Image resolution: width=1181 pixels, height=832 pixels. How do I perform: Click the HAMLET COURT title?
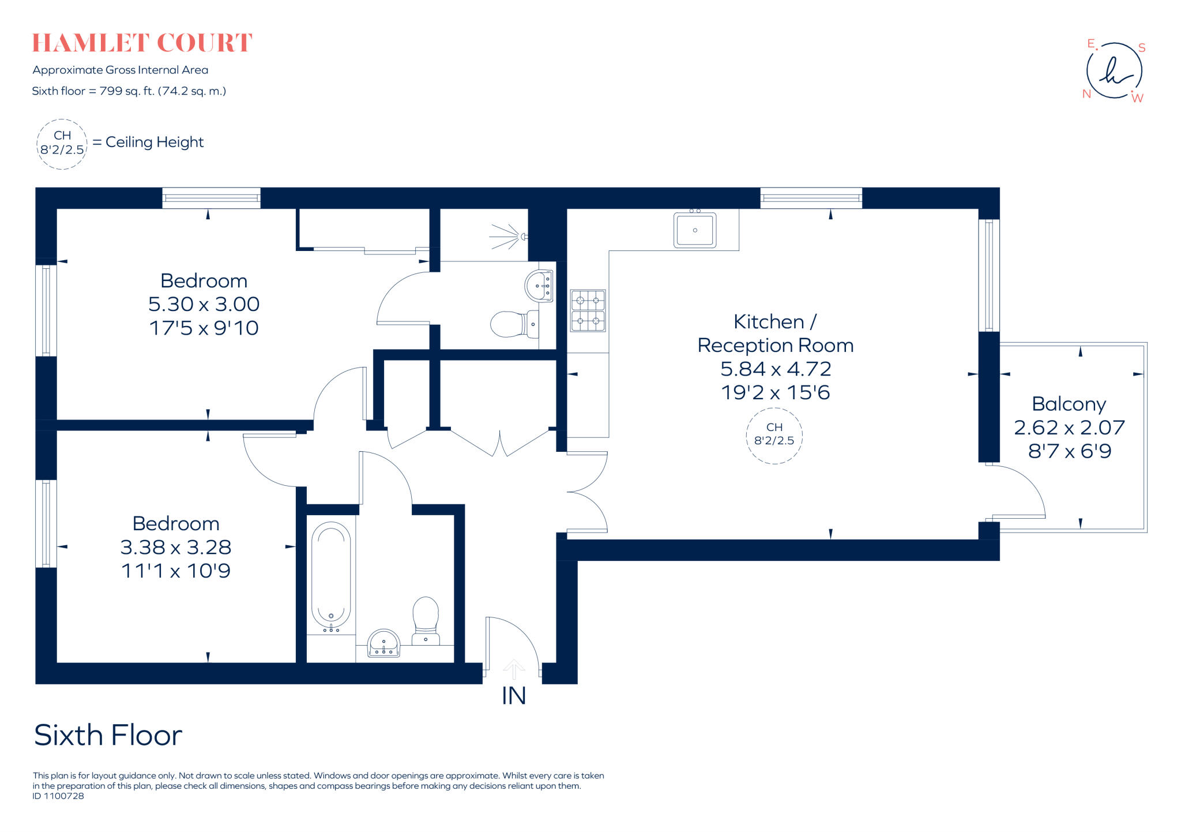click(142, 43)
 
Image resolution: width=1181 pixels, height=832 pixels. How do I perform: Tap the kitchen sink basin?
click(695, 230)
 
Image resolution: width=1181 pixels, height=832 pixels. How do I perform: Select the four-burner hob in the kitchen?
click(588, 310)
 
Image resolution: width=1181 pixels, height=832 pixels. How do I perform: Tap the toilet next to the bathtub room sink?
click(426, 620)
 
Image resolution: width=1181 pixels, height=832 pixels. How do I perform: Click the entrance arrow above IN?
click(514, 669)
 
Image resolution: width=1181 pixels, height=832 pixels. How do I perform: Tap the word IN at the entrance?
click(514, 696)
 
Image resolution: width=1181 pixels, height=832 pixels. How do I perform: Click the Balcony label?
click(1069, 404)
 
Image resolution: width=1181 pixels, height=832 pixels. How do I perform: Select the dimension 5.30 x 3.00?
click(204, 304)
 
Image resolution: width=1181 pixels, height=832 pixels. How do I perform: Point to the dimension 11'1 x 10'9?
click(176, 571)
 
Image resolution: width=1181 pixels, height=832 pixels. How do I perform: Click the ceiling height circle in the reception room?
click(774, 436)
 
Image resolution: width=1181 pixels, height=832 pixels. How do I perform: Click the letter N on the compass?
click(1086, 94)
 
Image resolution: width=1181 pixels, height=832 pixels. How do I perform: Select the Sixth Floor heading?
click(108, 735)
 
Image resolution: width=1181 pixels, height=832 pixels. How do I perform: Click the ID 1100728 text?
click(58, 796)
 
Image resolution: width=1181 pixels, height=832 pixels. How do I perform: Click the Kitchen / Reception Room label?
click(775, 333)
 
